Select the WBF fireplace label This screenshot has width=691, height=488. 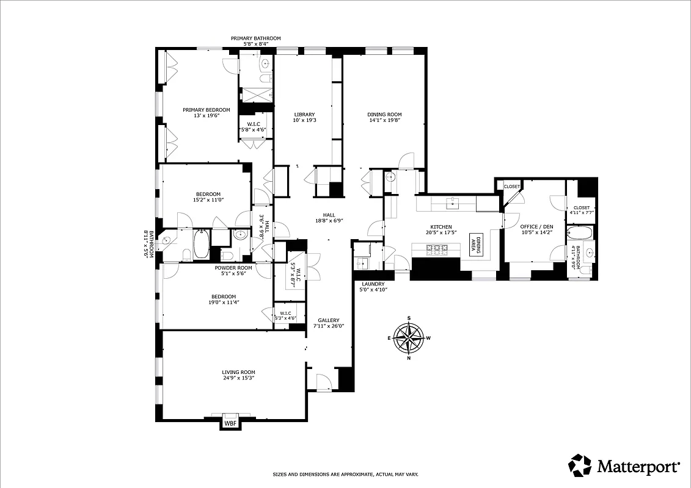(x=230, y=423)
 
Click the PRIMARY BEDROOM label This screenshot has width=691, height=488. (x=206, y=110)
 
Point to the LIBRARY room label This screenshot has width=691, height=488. (x=304, y=115)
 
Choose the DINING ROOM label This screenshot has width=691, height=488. (x=384, y=115)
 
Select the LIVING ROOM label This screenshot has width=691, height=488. (x=238, y=372)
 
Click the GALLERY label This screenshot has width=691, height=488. (x=328, y=320)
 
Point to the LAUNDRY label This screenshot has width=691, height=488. (x=373, y=284)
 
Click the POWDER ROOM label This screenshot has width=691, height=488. (x=233, y=268)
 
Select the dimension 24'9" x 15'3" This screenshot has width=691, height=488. (x=238, y=378)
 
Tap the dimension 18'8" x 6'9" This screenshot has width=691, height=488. (x=329, y=221)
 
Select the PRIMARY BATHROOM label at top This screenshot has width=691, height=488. (x=255, y=38)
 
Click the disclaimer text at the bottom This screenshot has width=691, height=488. (x=345, y=474)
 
